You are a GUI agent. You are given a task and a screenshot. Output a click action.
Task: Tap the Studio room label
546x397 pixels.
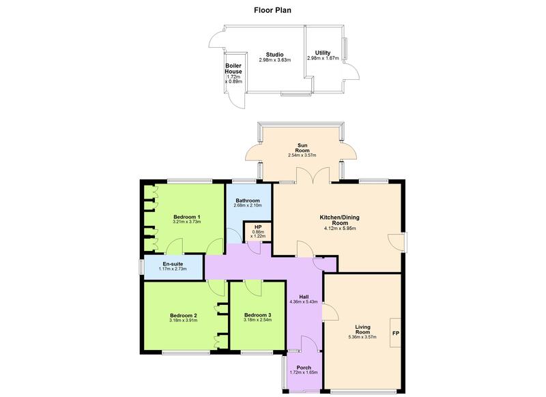(275, 55)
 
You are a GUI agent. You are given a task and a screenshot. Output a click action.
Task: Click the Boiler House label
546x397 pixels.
(234, 69)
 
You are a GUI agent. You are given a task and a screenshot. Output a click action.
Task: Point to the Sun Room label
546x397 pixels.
(302, 147)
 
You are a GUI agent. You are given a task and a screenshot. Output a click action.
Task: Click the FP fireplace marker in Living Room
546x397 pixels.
(395, 334)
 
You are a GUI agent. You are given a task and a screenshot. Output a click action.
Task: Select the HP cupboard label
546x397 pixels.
(259, 226)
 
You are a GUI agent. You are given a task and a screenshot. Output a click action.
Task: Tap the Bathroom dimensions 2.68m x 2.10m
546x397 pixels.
(248, 206)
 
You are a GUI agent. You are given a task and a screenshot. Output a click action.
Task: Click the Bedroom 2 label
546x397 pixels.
(183, 315)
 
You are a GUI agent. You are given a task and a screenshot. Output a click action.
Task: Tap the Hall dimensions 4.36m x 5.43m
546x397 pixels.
(304, 302)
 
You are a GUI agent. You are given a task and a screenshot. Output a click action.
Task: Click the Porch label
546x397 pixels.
(304, 368)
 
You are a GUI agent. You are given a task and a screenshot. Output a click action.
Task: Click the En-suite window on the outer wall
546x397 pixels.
(141, 267)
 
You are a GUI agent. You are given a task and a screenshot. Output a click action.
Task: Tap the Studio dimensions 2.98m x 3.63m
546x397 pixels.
(275, 60)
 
